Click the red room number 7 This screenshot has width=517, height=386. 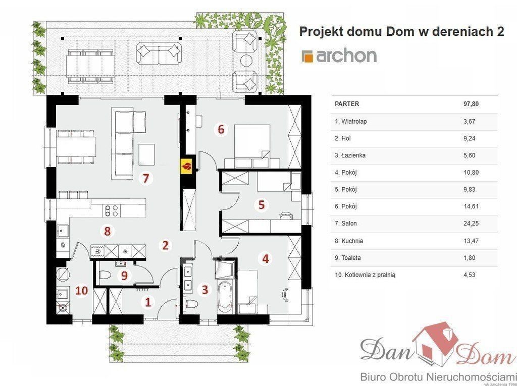pyautogui.click(x=146, y=178)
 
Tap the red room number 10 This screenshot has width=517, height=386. pyautogui.click(x=82, y=291)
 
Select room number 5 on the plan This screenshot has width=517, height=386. pyautogui.click(x=261, y=205)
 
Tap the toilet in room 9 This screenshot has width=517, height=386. pyautogui.click(x=105, y=274)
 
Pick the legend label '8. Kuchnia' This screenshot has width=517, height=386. pyautogui.click(x=349, y=241)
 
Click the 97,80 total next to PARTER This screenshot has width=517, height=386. pyautogui.click(x=471, y=104)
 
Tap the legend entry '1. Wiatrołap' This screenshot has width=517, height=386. pyautogui.click(x=351, y=121)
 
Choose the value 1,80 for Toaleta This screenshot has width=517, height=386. pyautogui.click(x=470, y=258)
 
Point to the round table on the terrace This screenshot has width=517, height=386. pyautogui.click(x=246, y=61)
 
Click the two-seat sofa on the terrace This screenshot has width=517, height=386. pyautogui.click(x=159, y=53)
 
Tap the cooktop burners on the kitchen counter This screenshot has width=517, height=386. pyautogui.click(x=112, y=210)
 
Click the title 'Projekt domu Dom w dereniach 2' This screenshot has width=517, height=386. pyautogui.click(x=401, y=32)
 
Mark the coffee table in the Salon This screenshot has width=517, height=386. pyautogui.click(x=146, y=154)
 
